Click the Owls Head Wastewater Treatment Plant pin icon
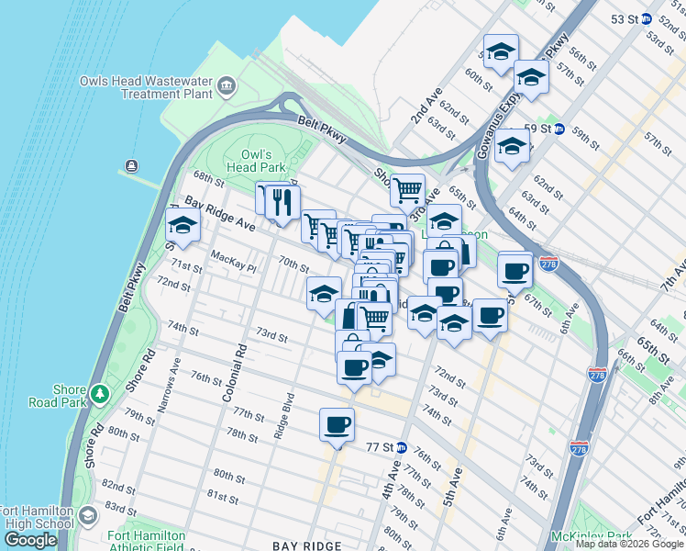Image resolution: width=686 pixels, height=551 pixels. pyautogui.click(x=227, y=87)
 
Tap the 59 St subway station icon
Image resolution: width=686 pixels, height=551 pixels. pyautogui.click(x=559, y=129)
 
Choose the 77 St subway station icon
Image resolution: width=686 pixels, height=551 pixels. pyautogui.click(x=401, y=447)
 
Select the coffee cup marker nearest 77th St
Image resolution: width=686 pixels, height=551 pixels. pyautogui.click(x=337, y=425)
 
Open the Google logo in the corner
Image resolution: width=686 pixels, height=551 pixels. pyautogui.click(x=30, y=540)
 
